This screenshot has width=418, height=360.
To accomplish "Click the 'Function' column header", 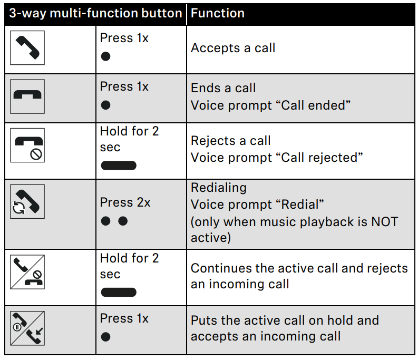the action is [218, 13].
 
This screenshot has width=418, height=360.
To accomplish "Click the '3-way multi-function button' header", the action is [95, 13].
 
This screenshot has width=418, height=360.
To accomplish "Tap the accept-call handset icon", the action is [27, 48].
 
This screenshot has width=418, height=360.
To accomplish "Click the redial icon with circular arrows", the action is [27, 201].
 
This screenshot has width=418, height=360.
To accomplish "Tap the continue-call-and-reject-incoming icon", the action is [27, 272].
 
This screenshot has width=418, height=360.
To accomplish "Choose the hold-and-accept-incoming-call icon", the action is [27, 328].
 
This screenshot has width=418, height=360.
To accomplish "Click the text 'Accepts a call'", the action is [233, 48].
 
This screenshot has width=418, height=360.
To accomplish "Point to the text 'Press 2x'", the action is [125, 202].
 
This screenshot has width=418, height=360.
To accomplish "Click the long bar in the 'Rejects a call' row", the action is [119, 166].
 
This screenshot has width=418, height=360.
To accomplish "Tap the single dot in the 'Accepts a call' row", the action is [105, 56].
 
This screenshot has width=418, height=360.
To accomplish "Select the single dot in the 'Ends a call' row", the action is [105, 105].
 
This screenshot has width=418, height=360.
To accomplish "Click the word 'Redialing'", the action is [219, 188].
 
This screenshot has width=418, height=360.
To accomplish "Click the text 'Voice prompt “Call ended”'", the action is [270, 105].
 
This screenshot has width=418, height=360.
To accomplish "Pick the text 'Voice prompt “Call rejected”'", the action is [277, 158].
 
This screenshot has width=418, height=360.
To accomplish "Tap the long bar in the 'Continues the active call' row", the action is [119, 292].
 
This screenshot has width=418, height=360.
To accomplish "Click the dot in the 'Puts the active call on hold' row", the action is [105, 337].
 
